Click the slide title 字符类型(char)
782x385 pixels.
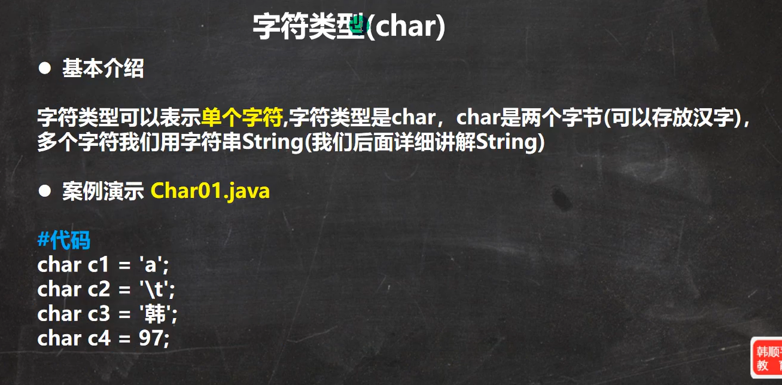pyautogui.click(x=349, y=26)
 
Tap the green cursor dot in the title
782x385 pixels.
pyautogui.click(x=359, y=24)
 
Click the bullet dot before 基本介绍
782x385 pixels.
pyautogui.click(x=45, y=68)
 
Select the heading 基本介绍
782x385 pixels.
pyautogui.click(x=103, y=68)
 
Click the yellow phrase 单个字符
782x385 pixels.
pyautogui.click(x=242, y=117)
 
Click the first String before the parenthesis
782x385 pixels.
pyautogui.click(x=273, y=142)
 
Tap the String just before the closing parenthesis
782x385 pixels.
pyautogui.click(x=507, y=142)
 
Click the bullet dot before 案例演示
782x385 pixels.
pyautogui.click(x=45, y=191)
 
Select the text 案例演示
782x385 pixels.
pyautogui.click(x=103, y=191)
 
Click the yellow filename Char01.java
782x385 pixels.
pyautogui.click(x=210, y=191)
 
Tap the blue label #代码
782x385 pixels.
pyautogui.click(x=64, y=240)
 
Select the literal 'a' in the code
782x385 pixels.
pyautogui.click(x=151, y=264)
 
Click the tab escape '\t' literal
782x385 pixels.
pyautogui.click(x=154, y=289)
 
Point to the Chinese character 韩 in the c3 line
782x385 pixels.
pyautogui.click(x=155, y=313)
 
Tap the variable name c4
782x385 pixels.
pyautogui.click(x=99, y=338)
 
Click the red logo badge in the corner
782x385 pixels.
pyautogui.click(x=766, y=357)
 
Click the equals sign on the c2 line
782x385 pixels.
pyautogui.click(x=124, y=290)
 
